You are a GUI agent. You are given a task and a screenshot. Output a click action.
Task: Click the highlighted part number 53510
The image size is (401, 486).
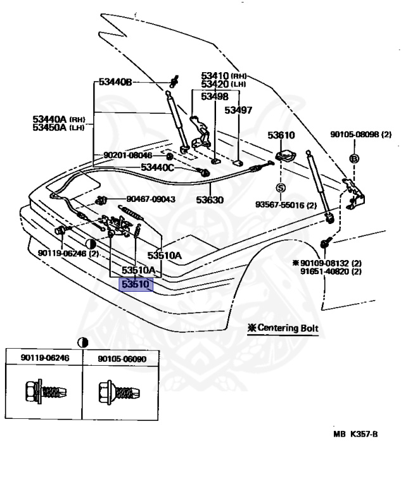point(136,285)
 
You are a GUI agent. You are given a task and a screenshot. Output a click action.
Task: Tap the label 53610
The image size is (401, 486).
point(281,135)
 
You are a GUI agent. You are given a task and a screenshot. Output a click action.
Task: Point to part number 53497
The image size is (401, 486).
point(239,110)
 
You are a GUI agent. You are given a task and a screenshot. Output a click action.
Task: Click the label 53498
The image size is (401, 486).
point(215,96)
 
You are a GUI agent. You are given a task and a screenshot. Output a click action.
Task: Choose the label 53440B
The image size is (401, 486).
point(115,83)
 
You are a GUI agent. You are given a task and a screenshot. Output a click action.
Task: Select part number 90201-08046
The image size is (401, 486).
point(128,155)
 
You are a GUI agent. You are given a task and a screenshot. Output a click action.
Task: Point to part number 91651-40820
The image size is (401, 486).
point(331,271)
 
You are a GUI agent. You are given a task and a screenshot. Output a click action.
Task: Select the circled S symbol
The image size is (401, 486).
point(280,187)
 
